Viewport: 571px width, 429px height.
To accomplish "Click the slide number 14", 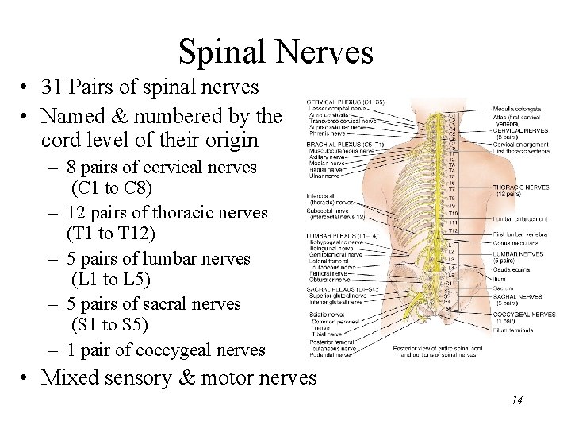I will pos(516,400).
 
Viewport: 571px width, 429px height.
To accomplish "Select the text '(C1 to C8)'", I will pos(111,189).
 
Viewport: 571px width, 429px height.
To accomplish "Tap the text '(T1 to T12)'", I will pos(111,234).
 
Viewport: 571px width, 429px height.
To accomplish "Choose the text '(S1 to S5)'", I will pos(109,325).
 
